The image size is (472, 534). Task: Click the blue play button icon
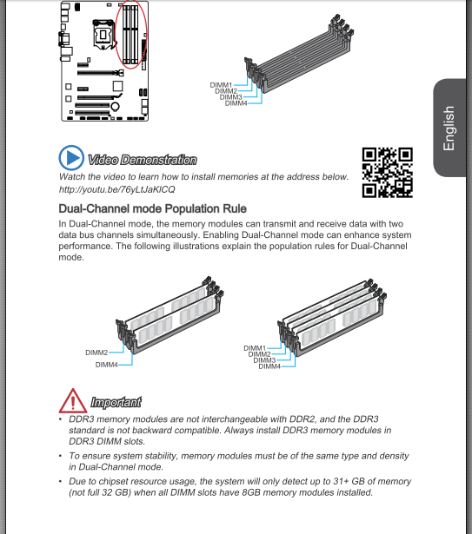71,158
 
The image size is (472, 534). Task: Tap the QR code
388,172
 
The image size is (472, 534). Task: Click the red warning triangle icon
73,401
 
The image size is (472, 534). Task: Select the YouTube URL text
117,189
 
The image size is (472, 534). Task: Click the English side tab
449,128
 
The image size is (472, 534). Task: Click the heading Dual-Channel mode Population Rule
152,208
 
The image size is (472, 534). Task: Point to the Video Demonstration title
143,160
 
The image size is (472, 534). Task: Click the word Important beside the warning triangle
116,402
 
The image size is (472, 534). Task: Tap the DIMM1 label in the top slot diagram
221,85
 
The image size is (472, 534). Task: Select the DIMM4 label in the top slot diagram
236,103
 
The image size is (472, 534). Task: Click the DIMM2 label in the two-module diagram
96,353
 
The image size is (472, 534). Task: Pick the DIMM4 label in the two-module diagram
106,365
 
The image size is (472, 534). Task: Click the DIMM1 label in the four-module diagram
255,348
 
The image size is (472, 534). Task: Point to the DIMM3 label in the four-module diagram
264,360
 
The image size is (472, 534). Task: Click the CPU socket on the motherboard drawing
103,35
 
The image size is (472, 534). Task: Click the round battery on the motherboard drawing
116,107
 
